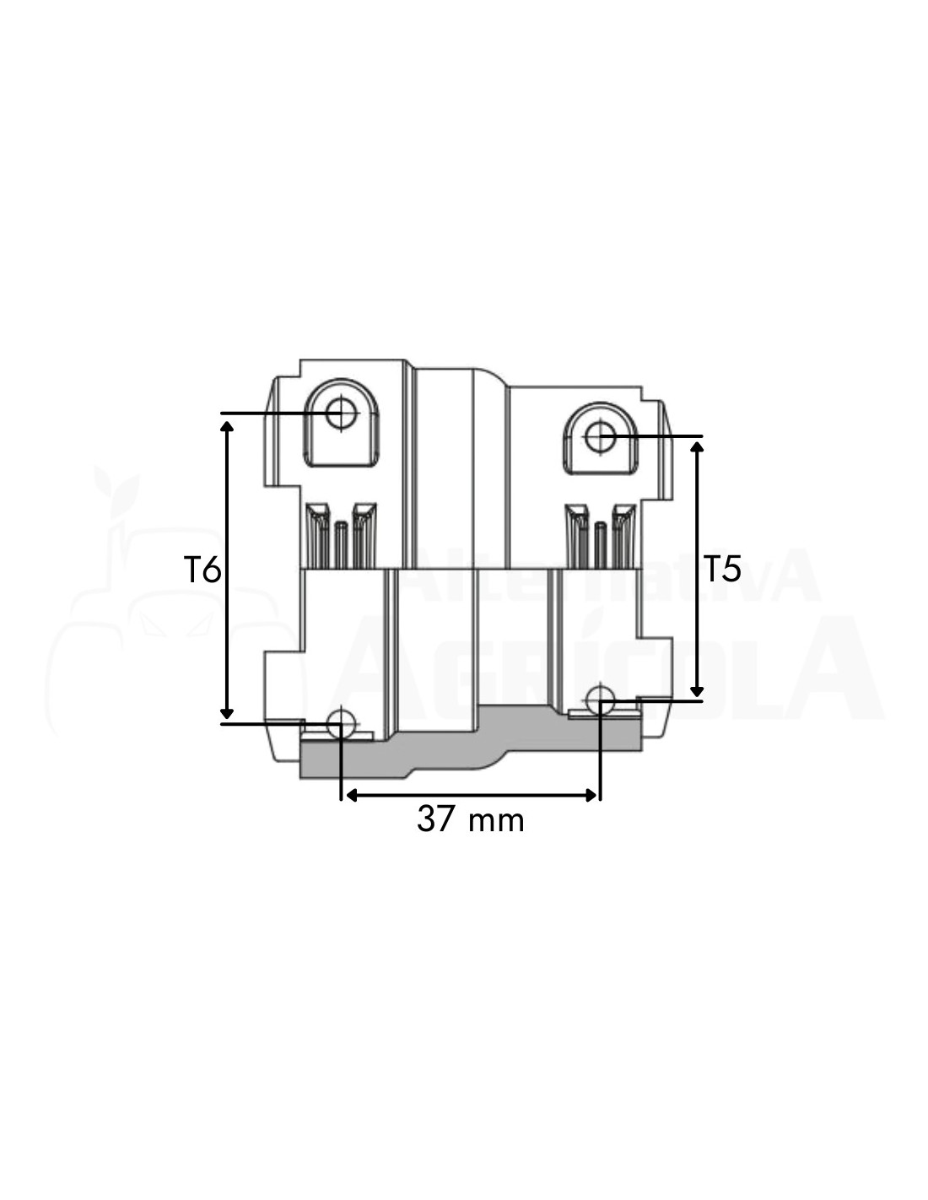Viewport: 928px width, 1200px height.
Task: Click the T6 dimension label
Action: (x=202, y=570)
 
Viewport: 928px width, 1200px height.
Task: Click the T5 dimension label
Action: (x=721, y=568)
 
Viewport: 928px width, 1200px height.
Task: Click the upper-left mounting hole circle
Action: (x=341, y=413)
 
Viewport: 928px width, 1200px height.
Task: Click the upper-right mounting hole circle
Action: (x=600, y=436)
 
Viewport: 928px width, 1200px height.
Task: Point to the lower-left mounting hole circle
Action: (x=341, y=724)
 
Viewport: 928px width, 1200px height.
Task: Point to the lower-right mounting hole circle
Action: (x=600, y=700)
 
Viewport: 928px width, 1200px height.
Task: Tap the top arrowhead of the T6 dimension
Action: (x=227, y=424)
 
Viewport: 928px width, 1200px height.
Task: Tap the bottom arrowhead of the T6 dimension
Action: (x=227, y=713)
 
